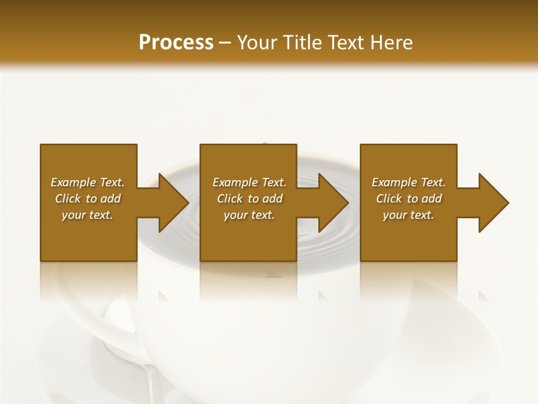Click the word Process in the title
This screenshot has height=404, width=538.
coord(176,43)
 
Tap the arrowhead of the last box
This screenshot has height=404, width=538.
coord(491,203)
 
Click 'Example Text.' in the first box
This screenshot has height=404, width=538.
coord(87,182)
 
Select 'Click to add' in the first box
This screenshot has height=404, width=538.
coord(87,199)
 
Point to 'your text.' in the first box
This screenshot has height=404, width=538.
coord(87,215)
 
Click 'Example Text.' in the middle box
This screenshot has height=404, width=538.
coord(249,182)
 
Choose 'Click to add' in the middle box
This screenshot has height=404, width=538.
coord(249,199)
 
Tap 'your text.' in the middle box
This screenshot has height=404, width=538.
coord(249,215)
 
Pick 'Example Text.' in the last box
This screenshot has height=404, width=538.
coord(409,182)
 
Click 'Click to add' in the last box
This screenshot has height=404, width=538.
coord(409,199)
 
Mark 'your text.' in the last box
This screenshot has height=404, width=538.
coord(409,215)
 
